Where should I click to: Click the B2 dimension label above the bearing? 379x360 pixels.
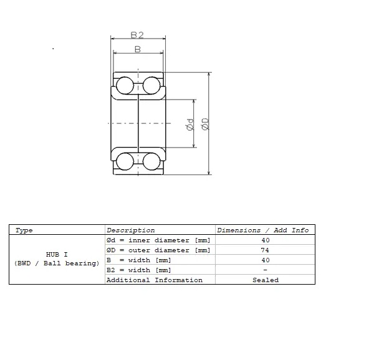pos(137,36)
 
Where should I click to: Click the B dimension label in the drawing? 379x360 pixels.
pos(137,49)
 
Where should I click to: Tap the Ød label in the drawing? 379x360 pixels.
pos(190,125)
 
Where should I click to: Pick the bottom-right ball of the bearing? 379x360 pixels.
pos(151,161)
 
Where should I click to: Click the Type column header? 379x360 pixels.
pos(24,230)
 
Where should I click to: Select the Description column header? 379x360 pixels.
pos(130,230)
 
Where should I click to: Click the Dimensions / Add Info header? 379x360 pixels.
pos(262,230)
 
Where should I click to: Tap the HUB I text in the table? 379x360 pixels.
pos(57,255)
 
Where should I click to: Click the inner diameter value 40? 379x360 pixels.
pos(266,240)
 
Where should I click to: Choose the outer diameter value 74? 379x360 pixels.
pos(266,250)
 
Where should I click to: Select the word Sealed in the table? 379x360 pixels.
pos(266,280)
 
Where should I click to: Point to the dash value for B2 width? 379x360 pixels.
pos(266,270)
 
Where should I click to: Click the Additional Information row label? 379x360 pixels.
pos(155,280)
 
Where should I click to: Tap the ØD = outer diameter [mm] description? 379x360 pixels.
pos(158,250)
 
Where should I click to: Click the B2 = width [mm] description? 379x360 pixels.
pos(138,270)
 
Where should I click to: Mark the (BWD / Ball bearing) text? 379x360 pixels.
pos(57,263)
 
